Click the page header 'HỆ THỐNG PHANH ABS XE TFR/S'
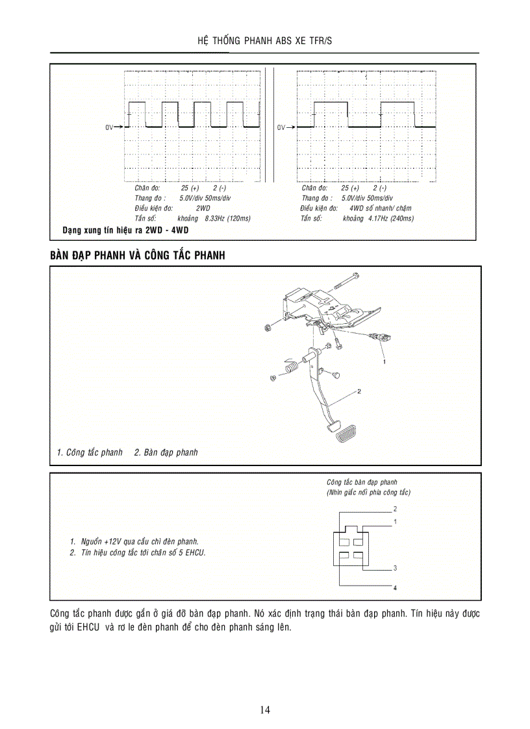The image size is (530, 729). click(264, 40)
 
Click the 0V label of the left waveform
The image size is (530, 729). click(109, 127)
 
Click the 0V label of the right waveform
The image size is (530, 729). click(281, 127)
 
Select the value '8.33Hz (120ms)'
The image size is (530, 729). click(227, 219)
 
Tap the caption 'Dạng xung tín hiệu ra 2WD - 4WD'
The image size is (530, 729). click(125, 230)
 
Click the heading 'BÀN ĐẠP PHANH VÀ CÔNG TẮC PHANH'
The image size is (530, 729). click(137, 256)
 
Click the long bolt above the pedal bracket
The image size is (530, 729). click(347, 281)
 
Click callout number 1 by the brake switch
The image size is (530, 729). click(385, 361)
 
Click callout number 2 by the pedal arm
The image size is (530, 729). click(359, 392)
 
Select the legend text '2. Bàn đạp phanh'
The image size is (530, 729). click(166, 452)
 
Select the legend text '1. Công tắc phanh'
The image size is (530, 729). click(90, 452)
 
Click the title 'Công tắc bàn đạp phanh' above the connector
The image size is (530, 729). click(362, 482)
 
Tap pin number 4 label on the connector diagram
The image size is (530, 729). click(394, 587)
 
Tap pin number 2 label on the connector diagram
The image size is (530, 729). click(395, 509)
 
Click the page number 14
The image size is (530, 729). click(265, 710)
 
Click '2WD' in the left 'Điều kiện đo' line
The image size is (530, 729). click(203, 208)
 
